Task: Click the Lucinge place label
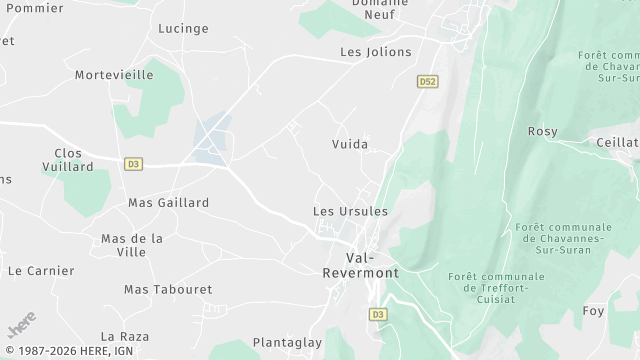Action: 183,29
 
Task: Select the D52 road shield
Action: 428,81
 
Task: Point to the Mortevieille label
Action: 114,75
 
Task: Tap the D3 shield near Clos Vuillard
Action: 133,164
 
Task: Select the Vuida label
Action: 350,144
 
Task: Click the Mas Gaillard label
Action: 168,203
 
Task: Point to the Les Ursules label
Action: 350,211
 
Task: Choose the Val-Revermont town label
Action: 359,265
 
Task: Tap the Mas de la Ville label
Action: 132,245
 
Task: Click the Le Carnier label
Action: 41,271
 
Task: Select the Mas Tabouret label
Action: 168,289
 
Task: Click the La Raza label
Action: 125,336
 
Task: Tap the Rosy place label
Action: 542,132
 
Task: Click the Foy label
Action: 594,311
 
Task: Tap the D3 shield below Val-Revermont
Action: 378,314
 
